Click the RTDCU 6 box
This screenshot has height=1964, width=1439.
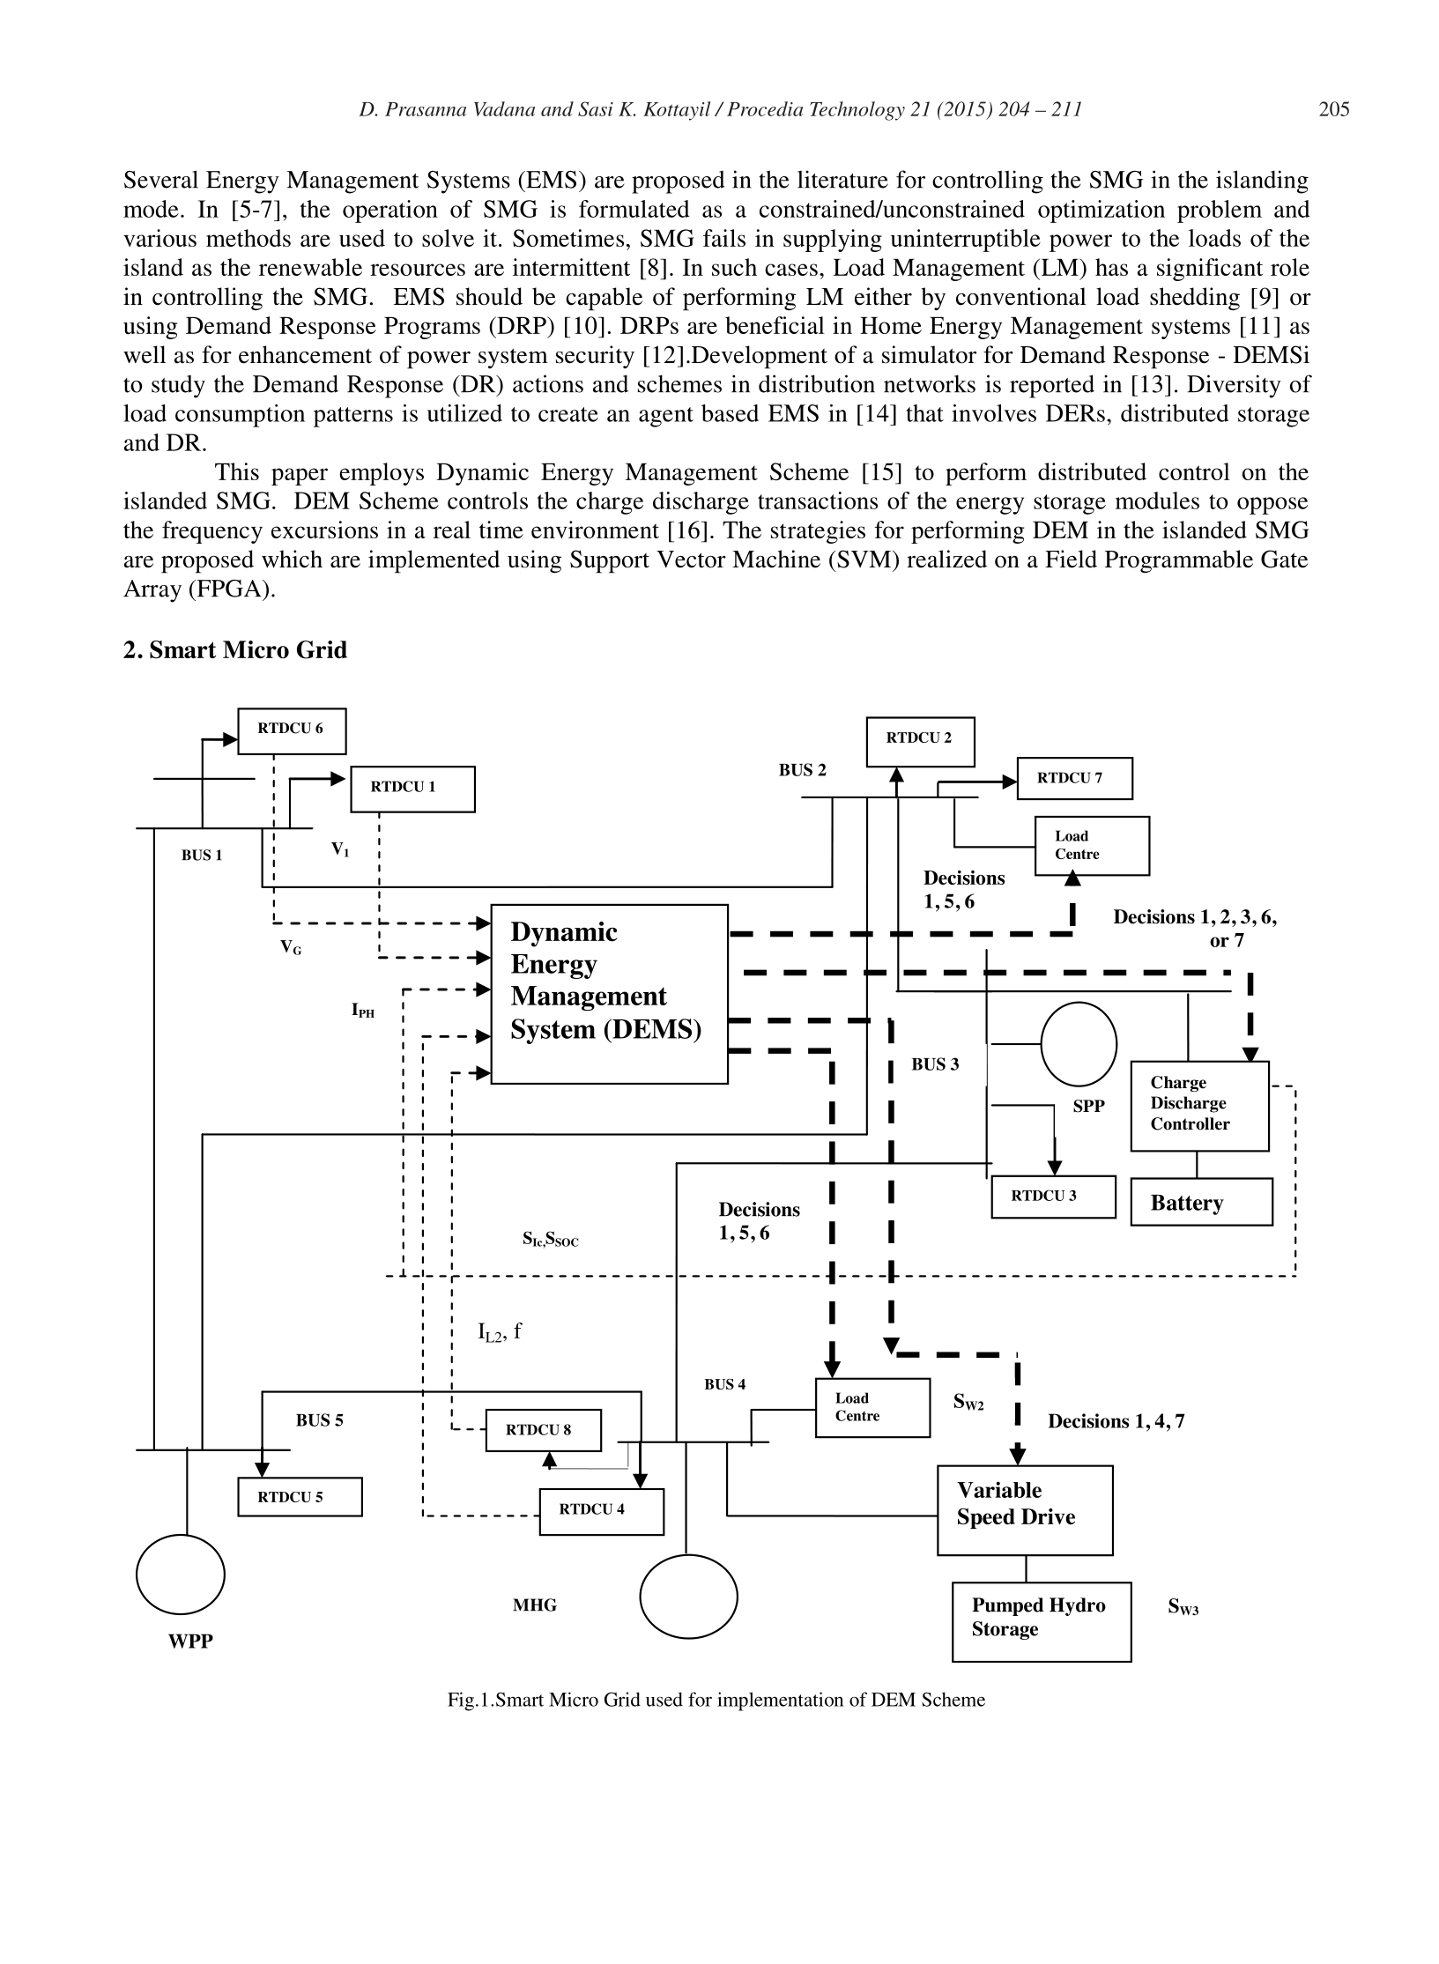[x=292, y=730]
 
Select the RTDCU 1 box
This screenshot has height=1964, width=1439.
[x=412, y=789]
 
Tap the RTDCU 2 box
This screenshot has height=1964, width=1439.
[x=920, y=742]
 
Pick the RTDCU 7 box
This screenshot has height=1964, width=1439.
[x=1074, y=778]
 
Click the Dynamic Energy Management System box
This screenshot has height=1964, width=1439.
[x=609, y=994]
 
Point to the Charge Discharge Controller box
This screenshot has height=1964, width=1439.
[x=1199, y=1106]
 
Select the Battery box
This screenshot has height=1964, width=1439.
[x=1201, y=1202]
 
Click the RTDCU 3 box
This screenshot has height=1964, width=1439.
[x=1053, y=1197]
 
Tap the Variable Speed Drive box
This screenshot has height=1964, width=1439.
[x=1024, y=1510]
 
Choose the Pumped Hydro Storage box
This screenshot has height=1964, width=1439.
[x=1042, y=1621]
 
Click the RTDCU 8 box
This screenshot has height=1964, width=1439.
[x=544, y=1430]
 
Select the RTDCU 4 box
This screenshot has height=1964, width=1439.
[x=601, y=1511]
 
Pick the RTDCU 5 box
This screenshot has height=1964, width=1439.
[x=300, y=1496]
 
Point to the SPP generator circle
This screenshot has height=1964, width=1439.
[x=1079, y=1043]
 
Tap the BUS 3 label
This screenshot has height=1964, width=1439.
[x=935, y=1064]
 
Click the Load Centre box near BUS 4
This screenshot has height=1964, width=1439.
[x=872, y=1407]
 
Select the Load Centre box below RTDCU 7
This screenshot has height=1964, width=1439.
[x=1092, y=846]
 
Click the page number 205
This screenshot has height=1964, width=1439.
[x=1334, y=109]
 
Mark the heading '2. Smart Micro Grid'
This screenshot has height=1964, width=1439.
[x=235, y=650]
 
